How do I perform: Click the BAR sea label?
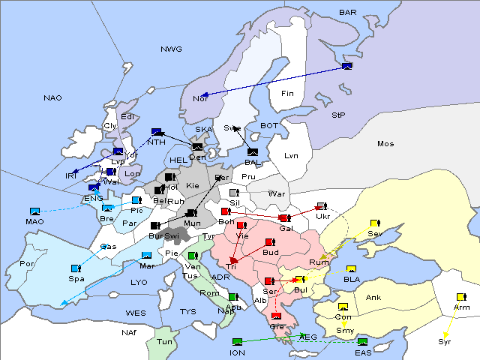click(347, 13)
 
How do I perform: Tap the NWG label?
click(171, 49)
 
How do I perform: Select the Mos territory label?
click(385, 143)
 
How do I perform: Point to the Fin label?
click(286, 94)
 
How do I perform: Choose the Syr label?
click(445, 342)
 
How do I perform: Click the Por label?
click(28, 264)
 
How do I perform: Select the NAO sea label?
click(52, 98)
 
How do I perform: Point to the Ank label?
click(373, 298)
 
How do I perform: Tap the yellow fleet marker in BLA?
click(351, 269)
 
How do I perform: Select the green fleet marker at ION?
click(238, 342)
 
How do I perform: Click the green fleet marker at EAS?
click(363, 342)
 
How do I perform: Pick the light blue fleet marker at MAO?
click(34, 211)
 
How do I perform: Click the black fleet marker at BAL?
click(252, 151)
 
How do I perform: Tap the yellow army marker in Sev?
click(375, 223)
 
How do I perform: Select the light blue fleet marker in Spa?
click(76, 268)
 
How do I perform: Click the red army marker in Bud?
click(269, 242)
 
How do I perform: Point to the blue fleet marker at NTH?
click(156, 132)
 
